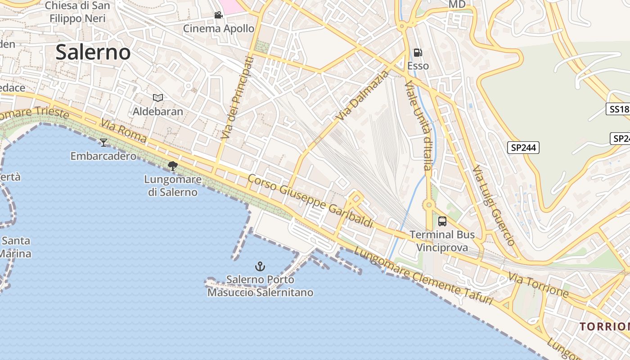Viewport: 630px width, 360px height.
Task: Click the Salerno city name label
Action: pos(93,53)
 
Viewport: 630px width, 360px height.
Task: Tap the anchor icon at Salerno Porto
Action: pos(260,266)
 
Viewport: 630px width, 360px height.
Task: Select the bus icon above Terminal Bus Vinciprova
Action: pos(442,221)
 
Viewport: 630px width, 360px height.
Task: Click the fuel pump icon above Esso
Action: pos(418,53)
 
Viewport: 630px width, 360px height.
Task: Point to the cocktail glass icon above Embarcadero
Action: pos(103,143)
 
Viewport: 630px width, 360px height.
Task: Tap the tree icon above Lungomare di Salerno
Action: pos(172,166)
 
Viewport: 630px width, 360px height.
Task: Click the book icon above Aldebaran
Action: pos(157,98)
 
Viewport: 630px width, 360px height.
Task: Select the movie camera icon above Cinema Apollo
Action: pos(218,15)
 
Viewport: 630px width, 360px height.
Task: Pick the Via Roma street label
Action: pos(124,131)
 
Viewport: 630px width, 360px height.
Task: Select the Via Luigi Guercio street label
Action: pos(494,205)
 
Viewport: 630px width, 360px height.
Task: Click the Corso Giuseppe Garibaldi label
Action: pos(310,201)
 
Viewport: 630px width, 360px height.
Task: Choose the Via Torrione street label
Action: pos(539,284)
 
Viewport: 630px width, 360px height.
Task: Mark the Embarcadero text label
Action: pos(103,156)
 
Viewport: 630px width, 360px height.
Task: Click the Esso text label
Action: pos(418,66)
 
